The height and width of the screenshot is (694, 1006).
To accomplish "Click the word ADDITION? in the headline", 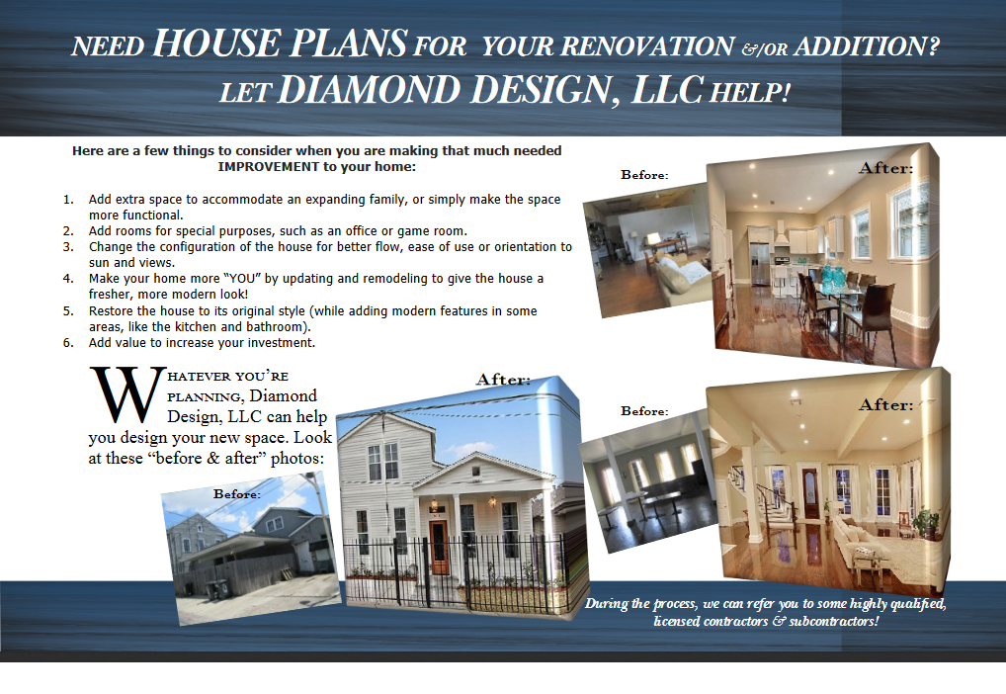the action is click(x=866, y=46).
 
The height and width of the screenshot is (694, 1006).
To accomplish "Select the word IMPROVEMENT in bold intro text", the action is click(x=268, y=167).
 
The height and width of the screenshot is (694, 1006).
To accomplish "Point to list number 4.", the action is click(x=68, y=279).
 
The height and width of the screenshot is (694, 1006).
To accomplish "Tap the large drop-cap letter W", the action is click(x=127, y=394).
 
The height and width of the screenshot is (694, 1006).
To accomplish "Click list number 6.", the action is click(x=68, y=343).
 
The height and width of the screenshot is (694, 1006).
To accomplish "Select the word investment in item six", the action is click(x=282, y=343).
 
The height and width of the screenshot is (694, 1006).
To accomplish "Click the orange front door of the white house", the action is click(x=440, y=547).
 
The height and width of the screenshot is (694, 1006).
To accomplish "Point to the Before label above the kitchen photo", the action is click(x=644, y=175).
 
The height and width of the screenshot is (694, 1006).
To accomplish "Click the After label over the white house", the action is click(x=503, y=380).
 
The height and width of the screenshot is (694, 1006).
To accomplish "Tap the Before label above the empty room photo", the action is click(x=644, y=411).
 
